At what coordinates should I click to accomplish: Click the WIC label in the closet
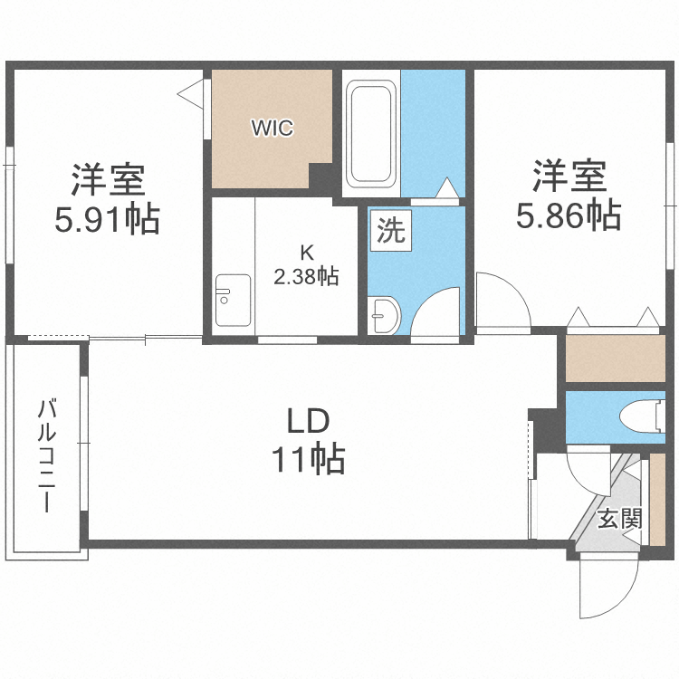(272, 129)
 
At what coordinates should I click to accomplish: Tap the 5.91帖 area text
(107, 219)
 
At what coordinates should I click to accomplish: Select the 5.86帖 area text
(568, 215)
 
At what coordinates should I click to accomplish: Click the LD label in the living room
(307, 421)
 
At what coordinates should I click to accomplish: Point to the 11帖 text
(308, 460)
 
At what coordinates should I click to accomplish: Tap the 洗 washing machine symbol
(390, 232)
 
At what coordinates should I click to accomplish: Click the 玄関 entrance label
(620, 520)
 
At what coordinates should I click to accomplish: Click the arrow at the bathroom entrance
(447, 187)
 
